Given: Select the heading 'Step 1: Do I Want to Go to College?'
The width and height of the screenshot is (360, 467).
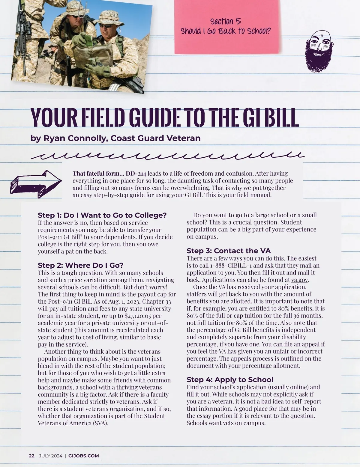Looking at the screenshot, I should pos(102,215).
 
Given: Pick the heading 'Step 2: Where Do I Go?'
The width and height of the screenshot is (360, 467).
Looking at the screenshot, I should pos(80,265).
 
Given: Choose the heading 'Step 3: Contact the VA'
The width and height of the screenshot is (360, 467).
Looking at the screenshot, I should pos(229,251).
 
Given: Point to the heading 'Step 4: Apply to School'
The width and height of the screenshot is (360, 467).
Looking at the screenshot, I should pos(230,380).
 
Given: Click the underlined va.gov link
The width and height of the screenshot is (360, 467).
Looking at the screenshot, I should pos(300,280).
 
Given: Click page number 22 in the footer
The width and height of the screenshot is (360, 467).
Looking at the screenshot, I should pos(31,456).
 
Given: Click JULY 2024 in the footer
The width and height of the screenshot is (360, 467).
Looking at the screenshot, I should pos(50,456).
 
